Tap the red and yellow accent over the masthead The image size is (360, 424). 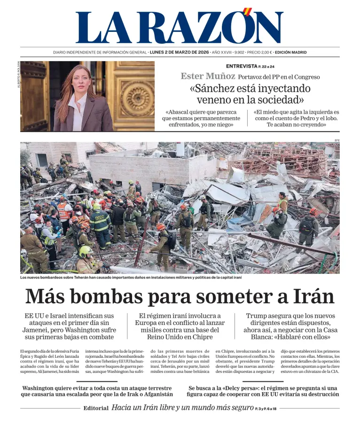(248, 12)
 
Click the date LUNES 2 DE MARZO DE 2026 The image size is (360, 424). (179, 53)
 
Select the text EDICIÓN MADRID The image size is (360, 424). (290, 53)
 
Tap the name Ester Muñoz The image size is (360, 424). (208, 76)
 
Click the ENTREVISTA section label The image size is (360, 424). (242, 66)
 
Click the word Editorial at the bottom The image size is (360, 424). (96, 408)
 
